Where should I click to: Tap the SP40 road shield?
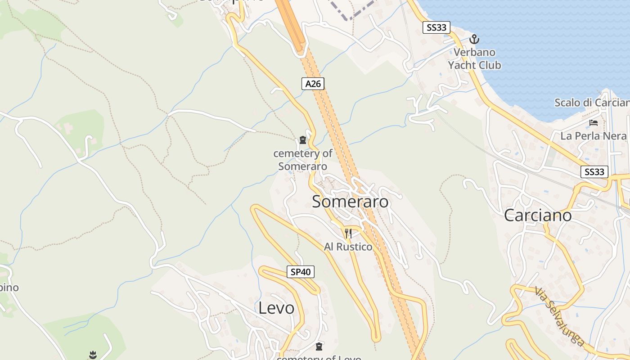tap(300, 272)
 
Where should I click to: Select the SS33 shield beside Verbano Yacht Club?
tap(436, 27)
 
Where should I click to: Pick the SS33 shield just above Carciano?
tap(594, 171)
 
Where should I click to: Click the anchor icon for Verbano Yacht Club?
tap(474, 39)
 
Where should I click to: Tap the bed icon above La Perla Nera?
tap(594, 122)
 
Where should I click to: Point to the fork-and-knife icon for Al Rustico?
tap(348, 234)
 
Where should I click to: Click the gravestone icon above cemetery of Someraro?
tap(303, 140)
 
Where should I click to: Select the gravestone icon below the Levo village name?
tap(319, 346)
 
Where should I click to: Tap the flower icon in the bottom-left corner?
tap(93, 355)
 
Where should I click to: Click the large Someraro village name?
tap(350, 202)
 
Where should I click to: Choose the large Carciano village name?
tap(538, 215)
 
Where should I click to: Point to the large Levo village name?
tap(276, 308)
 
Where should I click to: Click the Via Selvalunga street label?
tap(560, 316)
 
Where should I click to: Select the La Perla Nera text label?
tap(593, 136)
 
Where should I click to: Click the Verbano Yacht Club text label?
tap(474, 58)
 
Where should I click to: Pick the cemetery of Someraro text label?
tap(303, 160)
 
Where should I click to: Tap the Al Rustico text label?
tap(348, 247)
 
